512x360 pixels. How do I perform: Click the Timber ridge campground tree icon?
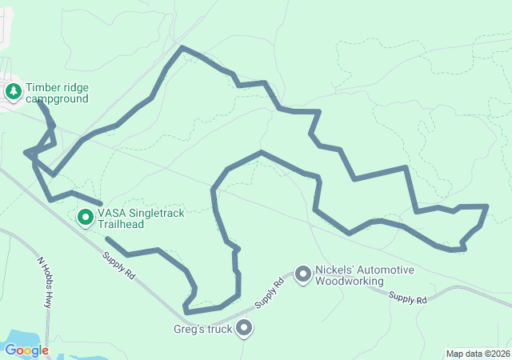[x=14, y=92]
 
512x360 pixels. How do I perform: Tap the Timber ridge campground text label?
[x=57, y=93]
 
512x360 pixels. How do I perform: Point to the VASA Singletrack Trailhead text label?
[x=132, y=219]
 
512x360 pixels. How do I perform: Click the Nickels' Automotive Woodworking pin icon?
[x=303, y=274]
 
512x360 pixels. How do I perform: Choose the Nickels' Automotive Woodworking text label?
[x=364, y=275]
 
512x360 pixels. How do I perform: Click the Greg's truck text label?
[x=203, y=329]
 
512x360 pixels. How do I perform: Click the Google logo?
[x=26, y=350]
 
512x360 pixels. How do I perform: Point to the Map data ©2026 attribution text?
[x=478, y=354]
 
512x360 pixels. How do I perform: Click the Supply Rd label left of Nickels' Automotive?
[x=269, y=294]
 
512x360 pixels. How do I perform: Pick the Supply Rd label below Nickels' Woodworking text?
[x=408, y=298]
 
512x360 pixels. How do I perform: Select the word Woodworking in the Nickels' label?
[x=349, y=281]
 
